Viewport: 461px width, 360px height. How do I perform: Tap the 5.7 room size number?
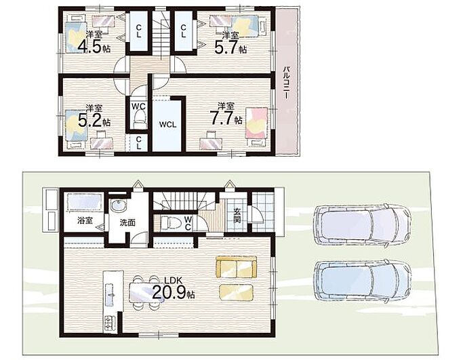[x=226, y=47]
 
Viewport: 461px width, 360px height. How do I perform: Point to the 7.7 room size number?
[x=221, y=118]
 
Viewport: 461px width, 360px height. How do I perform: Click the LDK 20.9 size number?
[x=169, y=292]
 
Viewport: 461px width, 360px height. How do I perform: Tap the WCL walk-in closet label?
[x=167, y=125]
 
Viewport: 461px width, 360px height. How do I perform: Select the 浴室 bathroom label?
[x=85, y=220]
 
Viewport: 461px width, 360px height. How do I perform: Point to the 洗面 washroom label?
[x=127, y=222]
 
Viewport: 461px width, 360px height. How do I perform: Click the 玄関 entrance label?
[x=237, y=215]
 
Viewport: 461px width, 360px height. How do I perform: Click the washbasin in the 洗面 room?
[x=119, y=205]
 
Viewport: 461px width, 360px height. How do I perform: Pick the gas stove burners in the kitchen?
[x=108, y=323]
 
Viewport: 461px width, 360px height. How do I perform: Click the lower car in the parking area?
[x=363, y=280]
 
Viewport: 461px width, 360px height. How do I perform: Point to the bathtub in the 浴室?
[x=84, y=202]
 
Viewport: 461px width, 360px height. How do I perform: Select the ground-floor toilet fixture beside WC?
[x=171, y=222]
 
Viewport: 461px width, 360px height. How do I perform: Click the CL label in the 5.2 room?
[x=138, y=142]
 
